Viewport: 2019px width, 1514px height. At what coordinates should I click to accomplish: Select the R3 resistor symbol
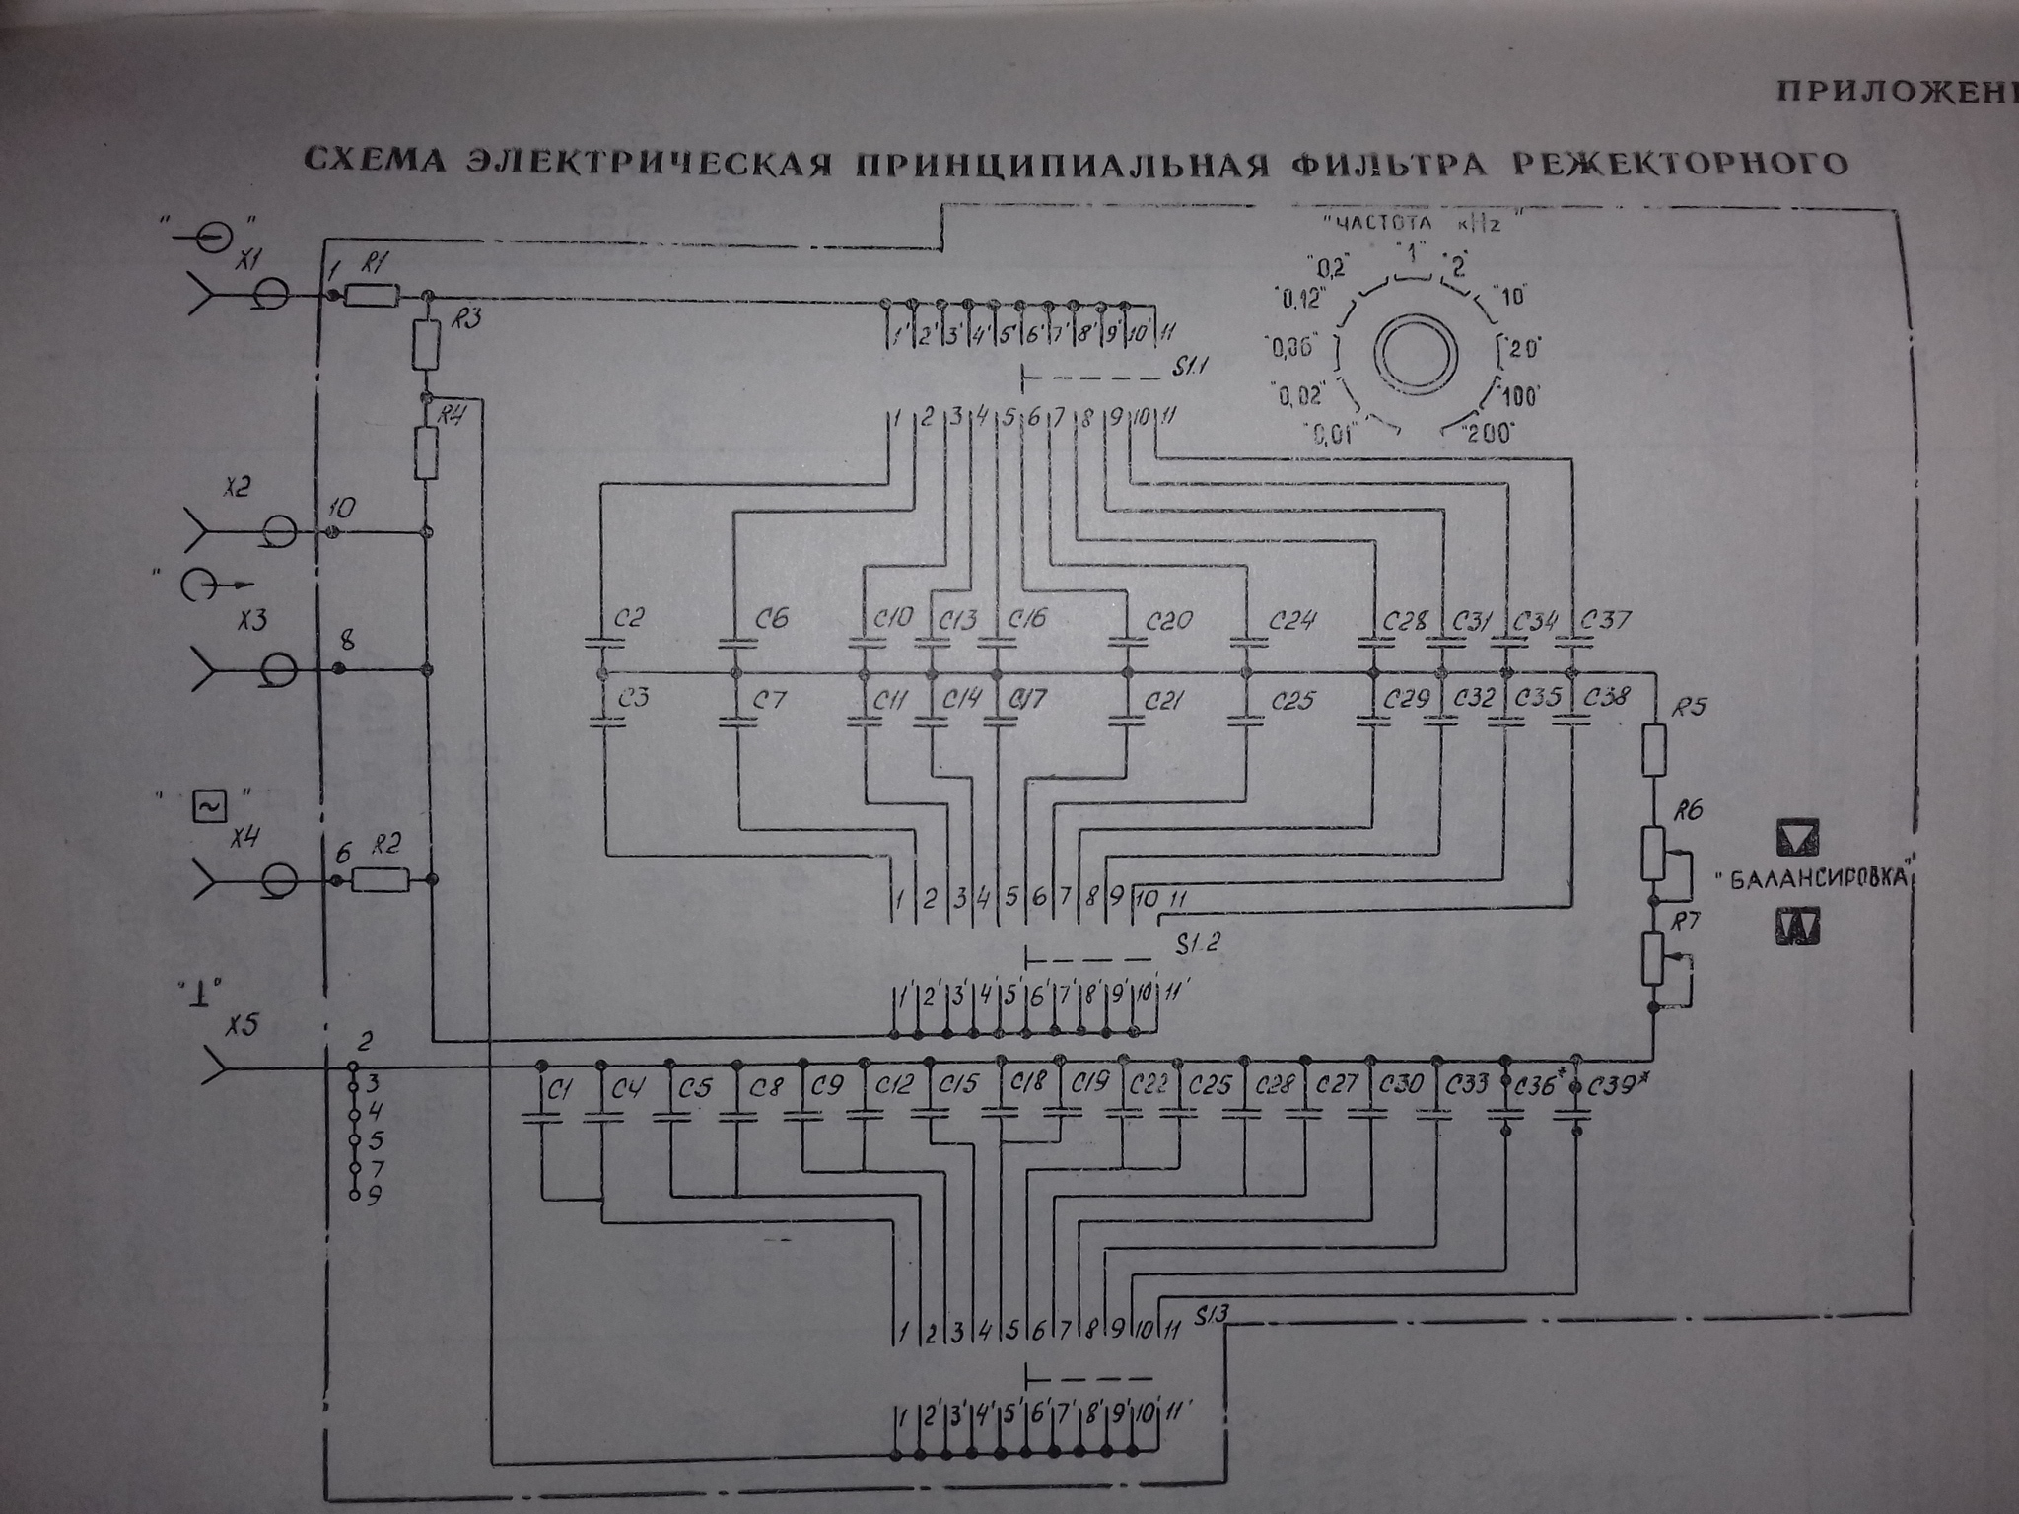click(x=427, y=344)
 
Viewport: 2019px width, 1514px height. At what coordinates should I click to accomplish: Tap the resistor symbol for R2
click(x=380, y=879)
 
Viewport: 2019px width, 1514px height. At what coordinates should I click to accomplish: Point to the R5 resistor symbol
click(x=1654, y=749)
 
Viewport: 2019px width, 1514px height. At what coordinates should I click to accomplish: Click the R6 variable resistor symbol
click(x=1653, y=854)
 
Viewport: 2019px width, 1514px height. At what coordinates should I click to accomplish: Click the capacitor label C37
click(x=1606, y=621)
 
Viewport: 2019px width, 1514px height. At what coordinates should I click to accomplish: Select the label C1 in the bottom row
click(x=560, y=1089)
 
